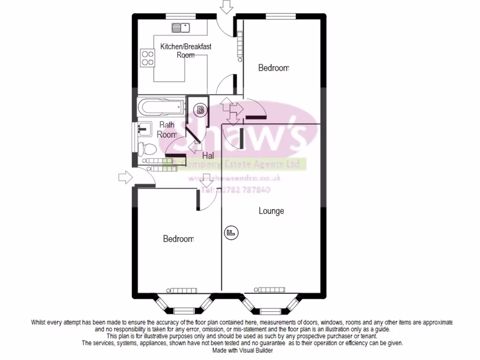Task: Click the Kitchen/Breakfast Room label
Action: (x=186, y=51)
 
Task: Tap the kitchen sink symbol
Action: (x=180, y=27)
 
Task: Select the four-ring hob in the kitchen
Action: (x=148, y=57)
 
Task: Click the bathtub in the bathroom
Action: (x=159, y=107)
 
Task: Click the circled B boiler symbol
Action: (x=200, y=111)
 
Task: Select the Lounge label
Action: (x=271, y=211)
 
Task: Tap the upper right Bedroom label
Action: (x=274, y=68)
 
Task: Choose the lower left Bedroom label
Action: (x=178, y=239)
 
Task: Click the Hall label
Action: (x=208, y=155)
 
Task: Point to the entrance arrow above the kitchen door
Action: (x=227, y=7)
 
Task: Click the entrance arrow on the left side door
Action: (x=125, y=178)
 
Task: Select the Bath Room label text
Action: (x=167, y=129)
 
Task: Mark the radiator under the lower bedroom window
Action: (x=181, y=289)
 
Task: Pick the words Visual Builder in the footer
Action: (x=257, y=350)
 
